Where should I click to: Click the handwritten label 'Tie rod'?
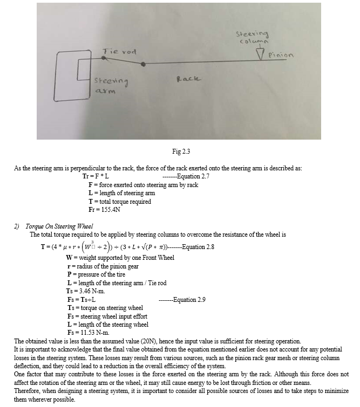click(120, 51)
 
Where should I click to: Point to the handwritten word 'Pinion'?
click(282, 55)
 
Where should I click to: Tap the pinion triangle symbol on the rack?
click(261, 56)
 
